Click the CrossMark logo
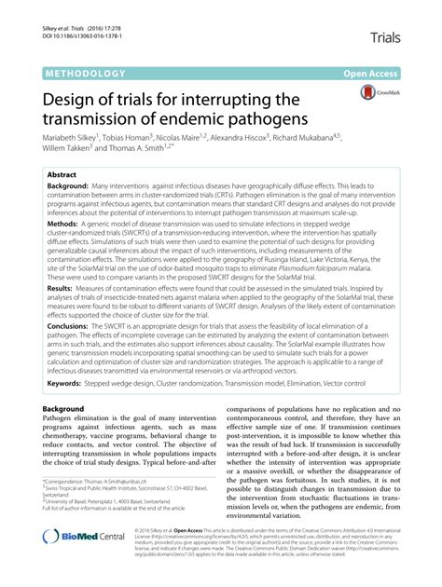pos(380,94)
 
